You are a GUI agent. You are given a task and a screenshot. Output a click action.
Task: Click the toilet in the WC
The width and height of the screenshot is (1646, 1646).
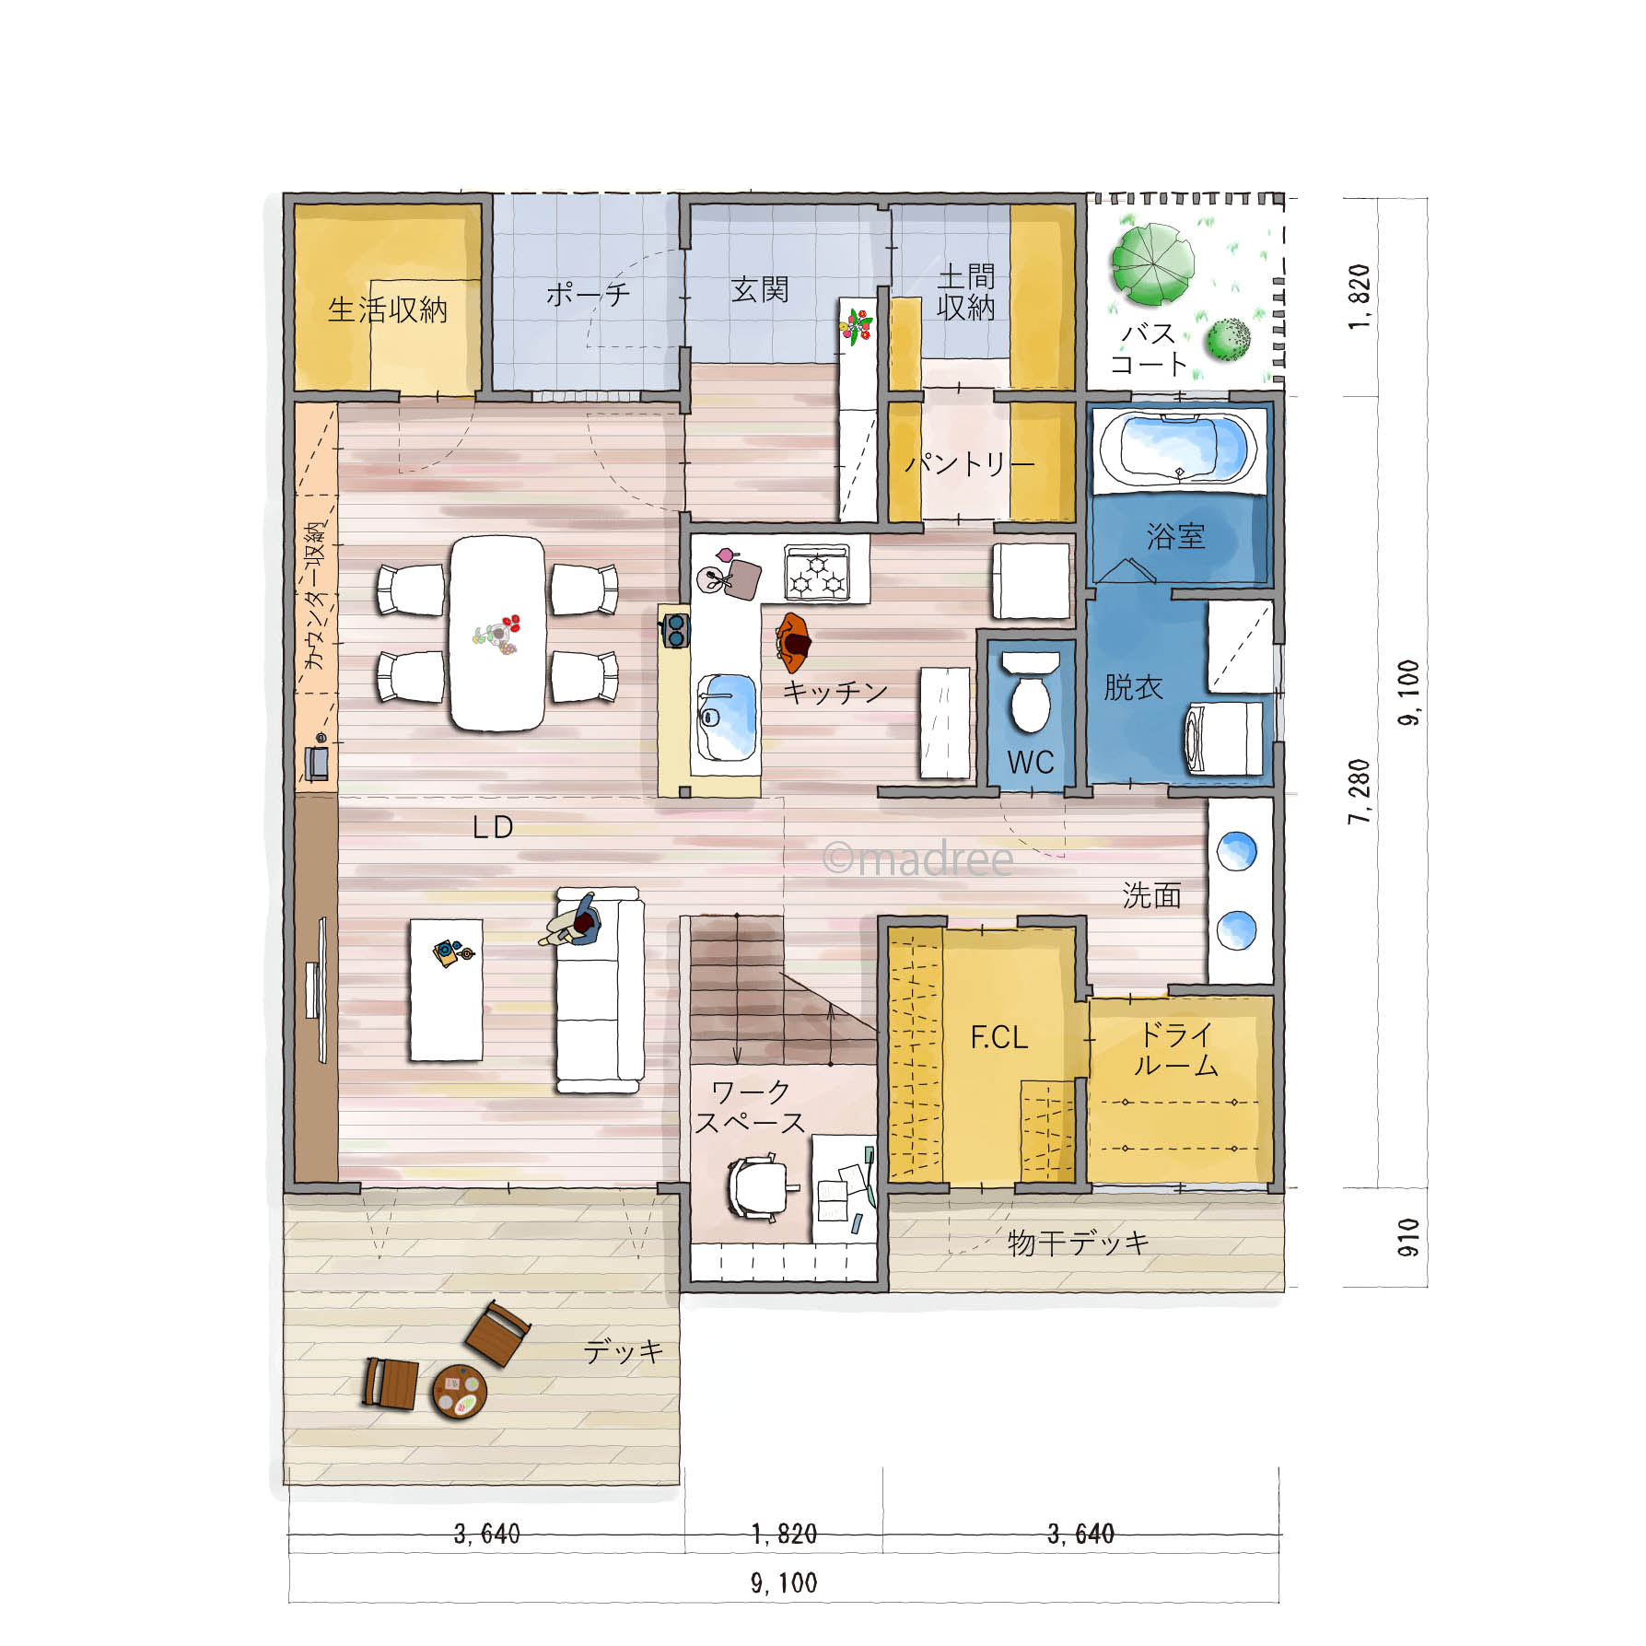(x=1031, y=692)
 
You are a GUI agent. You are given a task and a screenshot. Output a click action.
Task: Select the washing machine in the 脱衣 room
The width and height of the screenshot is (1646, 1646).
(x=1223, y=738)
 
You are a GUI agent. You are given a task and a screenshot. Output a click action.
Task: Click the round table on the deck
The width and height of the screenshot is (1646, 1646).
(x=459, y=1391)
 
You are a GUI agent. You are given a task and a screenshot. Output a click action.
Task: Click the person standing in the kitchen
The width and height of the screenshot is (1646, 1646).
(x=792, y=641)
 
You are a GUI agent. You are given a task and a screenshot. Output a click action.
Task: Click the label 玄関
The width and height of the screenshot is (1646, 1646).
(x=760, y=289)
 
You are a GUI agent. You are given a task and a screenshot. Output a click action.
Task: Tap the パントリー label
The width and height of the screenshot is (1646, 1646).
(x=969, y=462)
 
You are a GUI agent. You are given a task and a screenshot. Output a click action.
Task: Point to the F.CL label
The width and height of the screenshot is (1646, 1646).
(x=998, y=1038)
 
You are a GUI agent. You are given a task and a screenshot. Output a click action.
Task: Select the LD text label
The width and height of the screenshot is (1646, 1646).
(x=492, y=827)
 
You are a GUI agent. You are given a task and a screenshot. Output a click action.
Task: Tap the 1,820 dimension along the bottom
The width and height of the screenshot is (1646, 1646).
(x=784, y=1534)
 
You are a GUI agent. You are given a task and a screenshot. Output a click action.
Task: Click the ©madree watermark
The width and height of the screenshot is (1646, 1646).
(x=917, y=858)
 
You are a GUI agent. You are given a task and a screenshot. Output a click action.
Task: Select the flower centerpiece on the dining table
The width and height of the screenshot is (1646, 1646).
(x=498, y=634)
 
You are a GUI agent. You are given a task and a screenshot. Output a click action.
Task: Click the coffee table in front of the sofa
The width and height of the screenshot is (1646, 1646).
(x=447, y=989)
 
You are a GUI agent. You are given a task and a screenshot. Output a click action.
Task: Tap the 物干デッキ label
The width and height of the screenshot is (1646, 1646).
(x=1078, y=1243)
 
